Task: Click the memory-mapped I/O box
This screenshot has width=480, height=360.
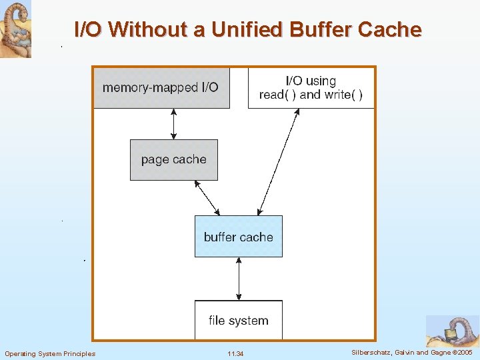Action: tap(161, 87)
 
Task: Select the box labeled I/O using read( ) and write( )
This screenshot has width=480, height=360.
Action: tap(311, 87)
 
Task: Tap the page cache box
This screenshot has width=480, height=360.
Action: tap(173, 159)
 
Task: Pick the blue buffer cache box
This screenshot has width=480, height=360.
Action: tap(238, 237)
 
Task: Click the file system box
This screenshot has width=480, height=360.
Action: tap(238, 321)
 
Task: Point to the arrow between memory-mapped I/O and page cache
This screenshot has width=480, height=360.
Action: tap(174, 124)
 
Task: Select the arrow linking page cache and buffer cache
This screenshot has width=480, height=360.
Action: tap(206, 197)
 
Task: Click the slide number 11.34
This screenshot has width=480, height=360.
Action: tap(235, 353)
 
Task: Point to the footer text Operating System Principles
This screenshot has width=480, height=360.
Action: tap(50, 353)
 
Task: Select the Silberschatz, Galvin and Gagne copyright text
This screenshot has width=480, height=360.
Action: tap(411, 352)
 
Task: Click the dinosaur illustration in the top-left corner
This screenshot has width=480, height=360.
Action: tap(15, 29)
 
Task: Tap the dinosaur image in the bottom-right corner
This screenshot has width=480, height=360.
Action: tap(453, 331)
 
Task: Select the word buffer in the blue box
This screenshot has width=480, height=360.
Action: tap(220, 237)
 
